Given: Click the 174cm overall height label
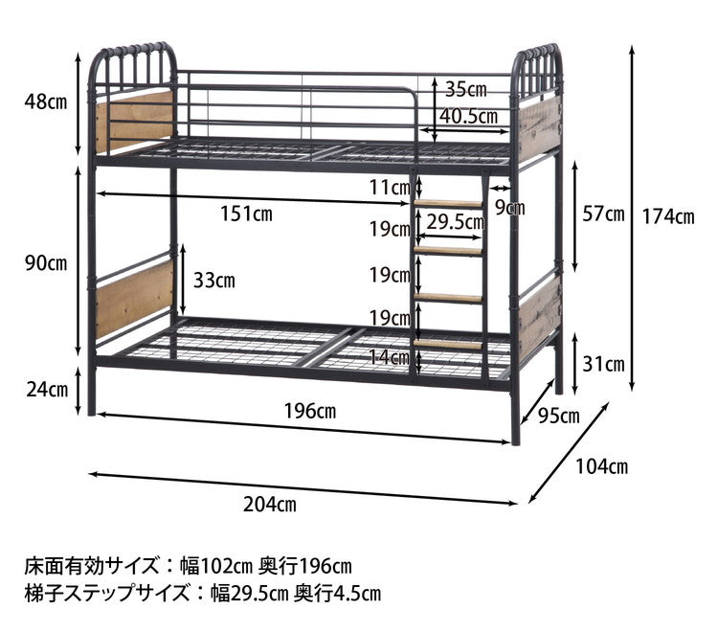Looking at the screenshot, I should coord(671,217).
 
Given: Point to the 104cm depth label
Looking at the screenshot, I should coord(602,466).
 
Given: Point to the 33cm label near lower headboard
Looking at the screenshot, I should coord(213,281).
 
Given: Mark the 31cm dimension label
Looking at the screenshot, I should coord(603,364).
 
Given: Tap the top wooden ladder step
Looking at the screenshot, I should coord(449,203).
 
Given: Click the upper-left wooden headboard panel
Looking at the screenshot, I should coord(133,121).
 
